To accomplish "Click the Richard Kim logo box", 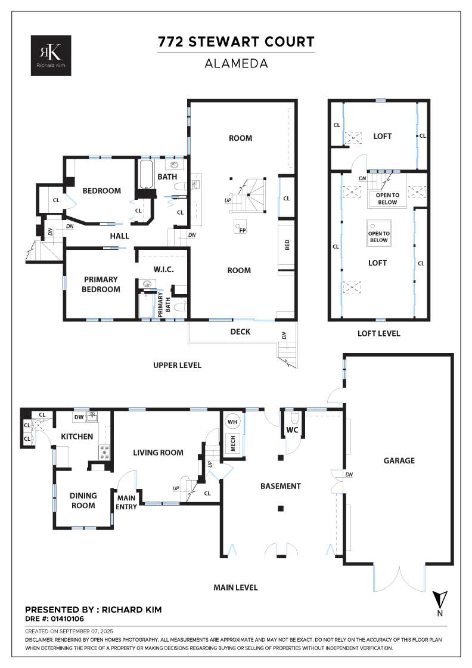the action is pyautogui.click(x=51, y=55).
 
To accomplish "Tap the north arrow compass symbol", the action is pyautogui.click(x=440, y=602).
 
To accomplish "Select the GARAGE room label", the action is pyautogui.click(x=399, y=460).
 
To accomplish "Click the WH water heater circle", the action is pyautogui.click(x=232, y=422).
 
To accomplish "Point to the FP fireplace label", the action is pyautogui.click(x=243, y=230).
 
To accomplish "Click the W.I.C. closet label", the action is pyautogui.click(x=163, y=269).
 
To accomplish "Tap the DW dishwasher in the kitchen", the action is pyautogui.click(x=79, y=417).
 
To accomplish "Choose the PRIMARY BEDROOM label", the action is pyautogui.click(x=101, y=284).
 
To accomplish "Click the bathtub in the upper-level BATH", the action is pyautogui.click(x=146, y=174).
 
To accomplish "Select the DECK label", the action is pyautogui.click(x=240, y=332).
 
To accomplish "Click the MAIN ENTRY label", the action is pyautogui.click(x=126, y=502).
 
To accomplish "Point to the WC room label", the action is pyautogui.click(x=292, y=430).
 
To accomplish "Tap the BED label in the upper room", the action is pyautogui.click(x=287, y=245).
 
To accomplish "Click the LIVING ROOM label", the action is pyautogui.click(x=158, y=453).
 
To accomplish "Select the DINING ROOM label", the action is pyautogui.click(x=83, y=500).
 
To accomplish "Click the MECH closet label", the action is pyautogui.click(x=233, y=443).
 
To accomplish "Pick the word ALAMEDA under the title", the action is pyautogui.click(x=236, y=63).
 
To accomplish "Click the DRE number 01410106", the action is pyautogui.click(x=67, y=619).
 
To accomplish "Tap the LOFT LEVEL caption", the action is pyautogui.click(x=379, y=333).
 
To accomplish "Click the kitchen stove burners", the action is pyautogui.click(x=104, y=452).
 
